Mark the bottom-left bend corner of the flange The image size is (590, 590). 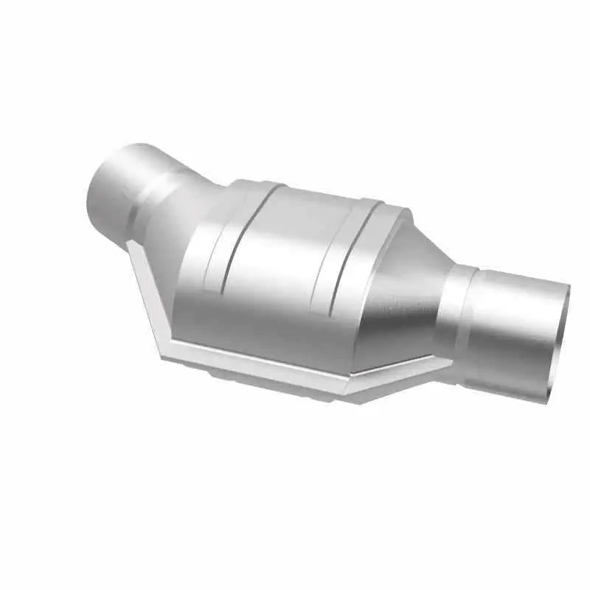coord(164,347)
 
